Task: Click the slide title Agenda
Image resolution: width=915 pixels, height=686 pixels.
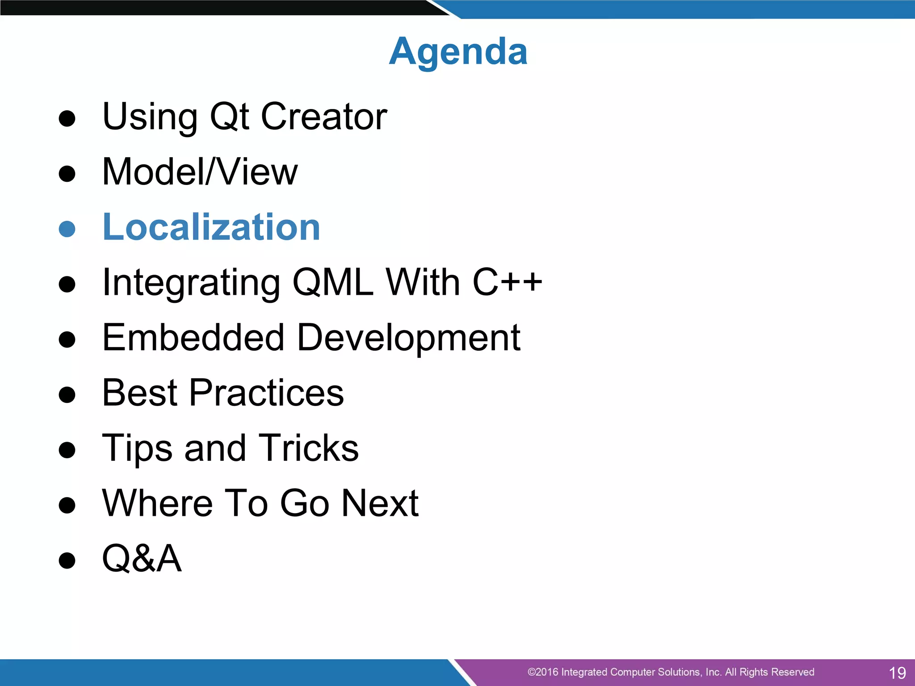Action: [x=458, y=51]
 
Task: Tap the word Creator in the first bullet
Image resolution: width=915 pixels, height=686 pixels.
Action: [x=323, y=117]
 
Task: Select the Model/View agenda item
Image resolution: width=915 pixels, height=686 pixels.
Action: [x=200, y=172]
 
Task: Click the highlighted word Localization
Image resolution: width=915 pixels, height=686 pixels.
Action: [x=211, y=227]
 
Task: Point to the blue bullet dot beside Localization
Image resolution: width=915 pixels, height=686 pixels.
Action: [x=67, y=229]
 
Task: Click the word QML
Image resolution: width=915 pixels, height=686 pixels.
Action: [x=332, y=282]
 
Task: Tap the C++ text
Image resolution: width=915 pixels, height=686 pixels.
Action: [x=507, y=282]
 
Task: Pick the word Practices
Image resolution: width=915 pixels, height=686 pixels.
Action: [x=266, y=393]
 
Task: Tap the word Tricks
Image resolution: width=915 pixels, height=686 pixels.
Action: [x=308, y=448]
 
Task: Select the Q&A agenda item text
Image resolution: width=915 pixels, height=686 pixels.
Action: [x=142, y=558]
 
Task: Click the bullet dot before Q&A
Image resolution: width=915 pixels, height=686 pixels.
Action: [x=67, y=560]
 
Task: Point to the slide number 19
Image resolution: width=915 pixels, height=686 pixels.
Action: [x=897, y=673]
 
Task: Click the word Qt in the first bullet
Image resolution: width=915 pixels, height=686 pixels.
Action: [x=229, y=117]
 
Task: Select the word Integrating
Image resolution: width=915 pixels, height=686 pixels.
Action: [x=191, y=283]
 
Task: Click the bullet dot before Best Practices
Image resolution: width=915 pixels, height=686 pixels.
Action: [x=67, y=394]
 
